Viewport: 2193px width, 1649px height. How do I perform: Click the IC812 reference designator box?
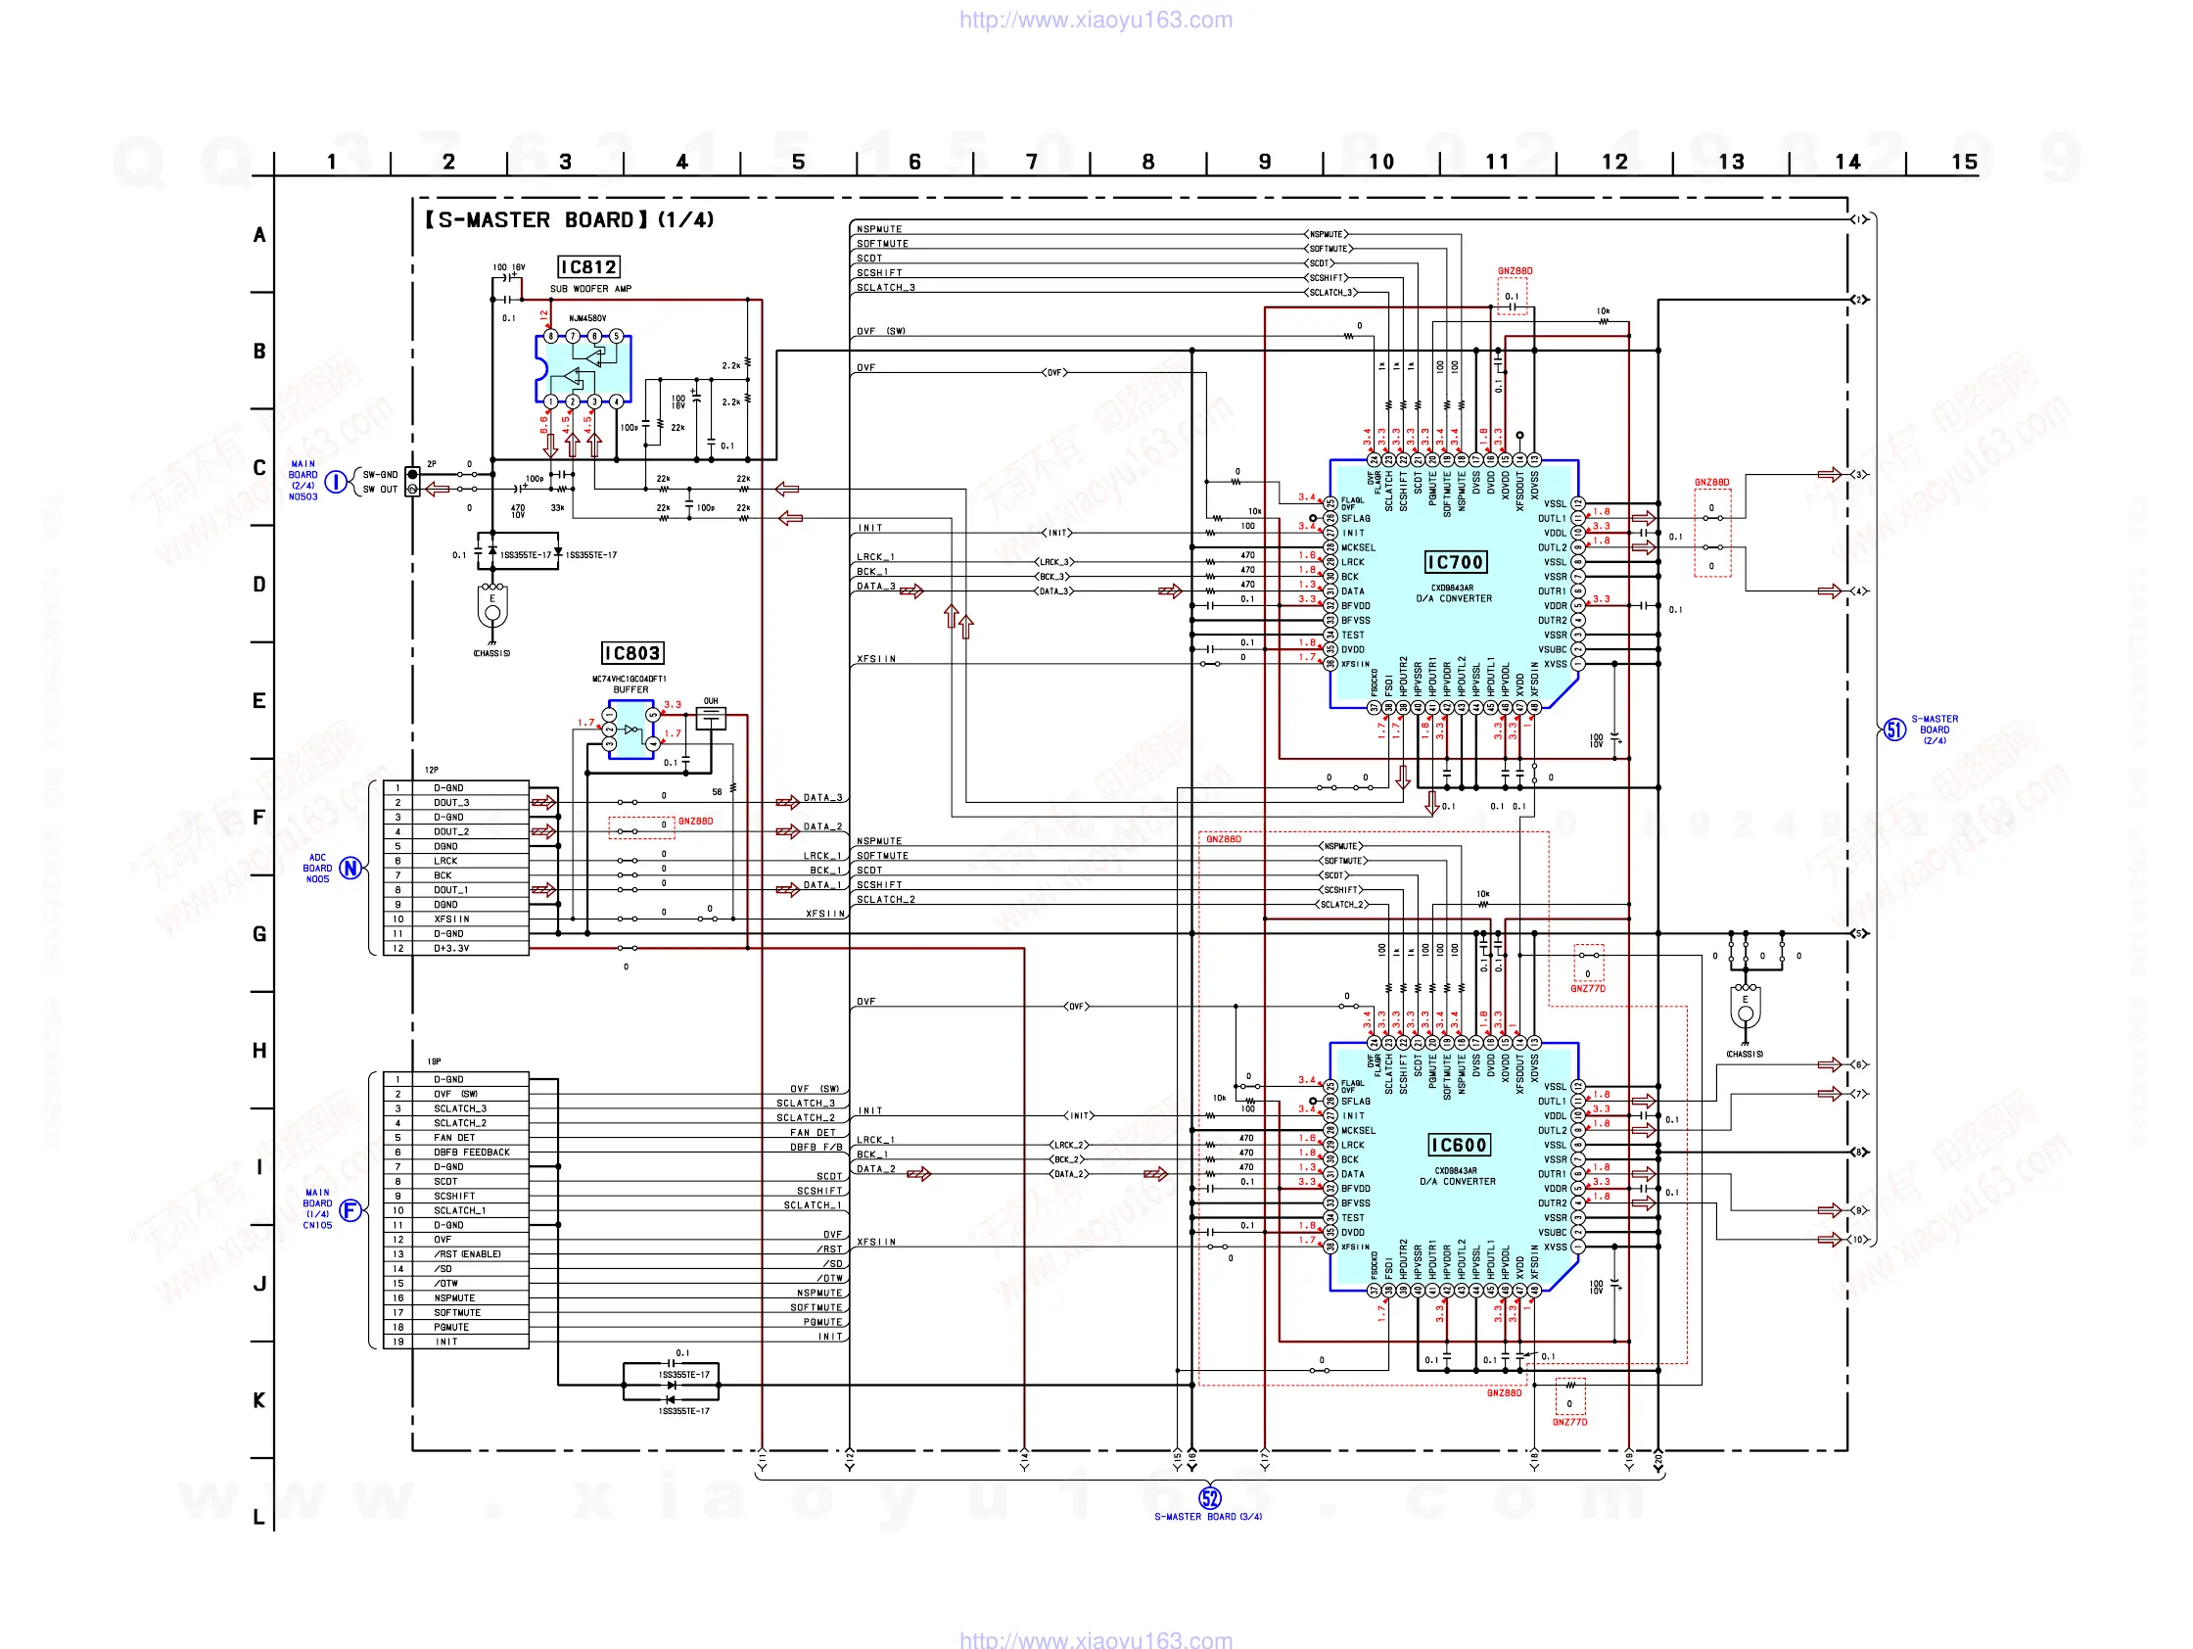[x=589, y=266]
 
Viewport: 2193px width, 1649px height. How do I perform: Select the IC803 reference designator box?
[x=632, y=652]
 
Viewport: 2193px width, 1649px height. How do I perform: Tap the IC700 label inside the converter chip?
[x=1455, y=562]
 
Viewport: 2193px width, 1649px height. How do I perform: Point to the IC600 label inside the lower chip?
[x=1459, y=1146]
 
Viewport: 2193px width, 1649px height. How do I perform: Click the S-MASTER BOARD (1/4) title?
[x=569, y=220]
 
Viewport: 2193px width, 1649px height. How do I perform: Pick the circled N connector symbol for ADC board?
[x=350, y=868]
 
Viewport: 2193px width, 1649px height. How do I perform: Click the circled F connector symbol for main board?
[x=350, y=1209]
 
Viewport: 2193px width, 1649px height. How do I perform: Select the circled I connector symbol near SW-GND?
[x=337, y=482]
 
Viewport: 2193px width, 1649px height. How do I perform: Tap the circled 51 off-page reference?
[x=1893, y=730]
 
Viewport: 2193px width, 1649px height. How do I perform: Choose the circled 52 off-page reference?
[x=1209, y=1497]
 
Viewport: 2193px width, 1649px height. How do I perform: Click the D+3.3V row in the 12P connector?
[x=452, y=948]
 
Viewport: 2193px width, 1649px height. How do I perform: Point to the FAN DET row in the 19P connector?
[x=454, y=1137]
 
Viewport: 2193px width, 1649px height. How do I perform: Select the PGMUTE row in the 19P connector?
[x=451, y=1327]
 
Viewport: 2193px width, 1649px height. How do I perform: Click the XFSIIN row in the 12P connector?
[x=452, y=919]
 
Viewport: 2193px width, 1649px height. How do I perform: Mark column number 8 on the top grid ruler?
[x=1148, y=162]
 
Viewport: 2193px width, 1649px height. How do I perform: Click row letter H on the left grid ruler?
[x=259, y=1050]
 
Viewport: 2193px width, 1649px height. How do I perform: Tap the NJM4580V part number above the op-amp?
[x=586, y=318]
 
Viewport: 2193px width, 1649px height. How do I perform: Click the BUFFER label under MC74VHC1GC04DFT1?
[x=630, y=690]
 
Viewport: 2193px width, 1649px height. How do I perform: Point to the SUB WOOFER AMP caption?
[x=591, y=289]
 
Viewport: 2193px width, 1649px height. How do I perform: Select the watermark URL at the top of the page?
[x=1096, y=20]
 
